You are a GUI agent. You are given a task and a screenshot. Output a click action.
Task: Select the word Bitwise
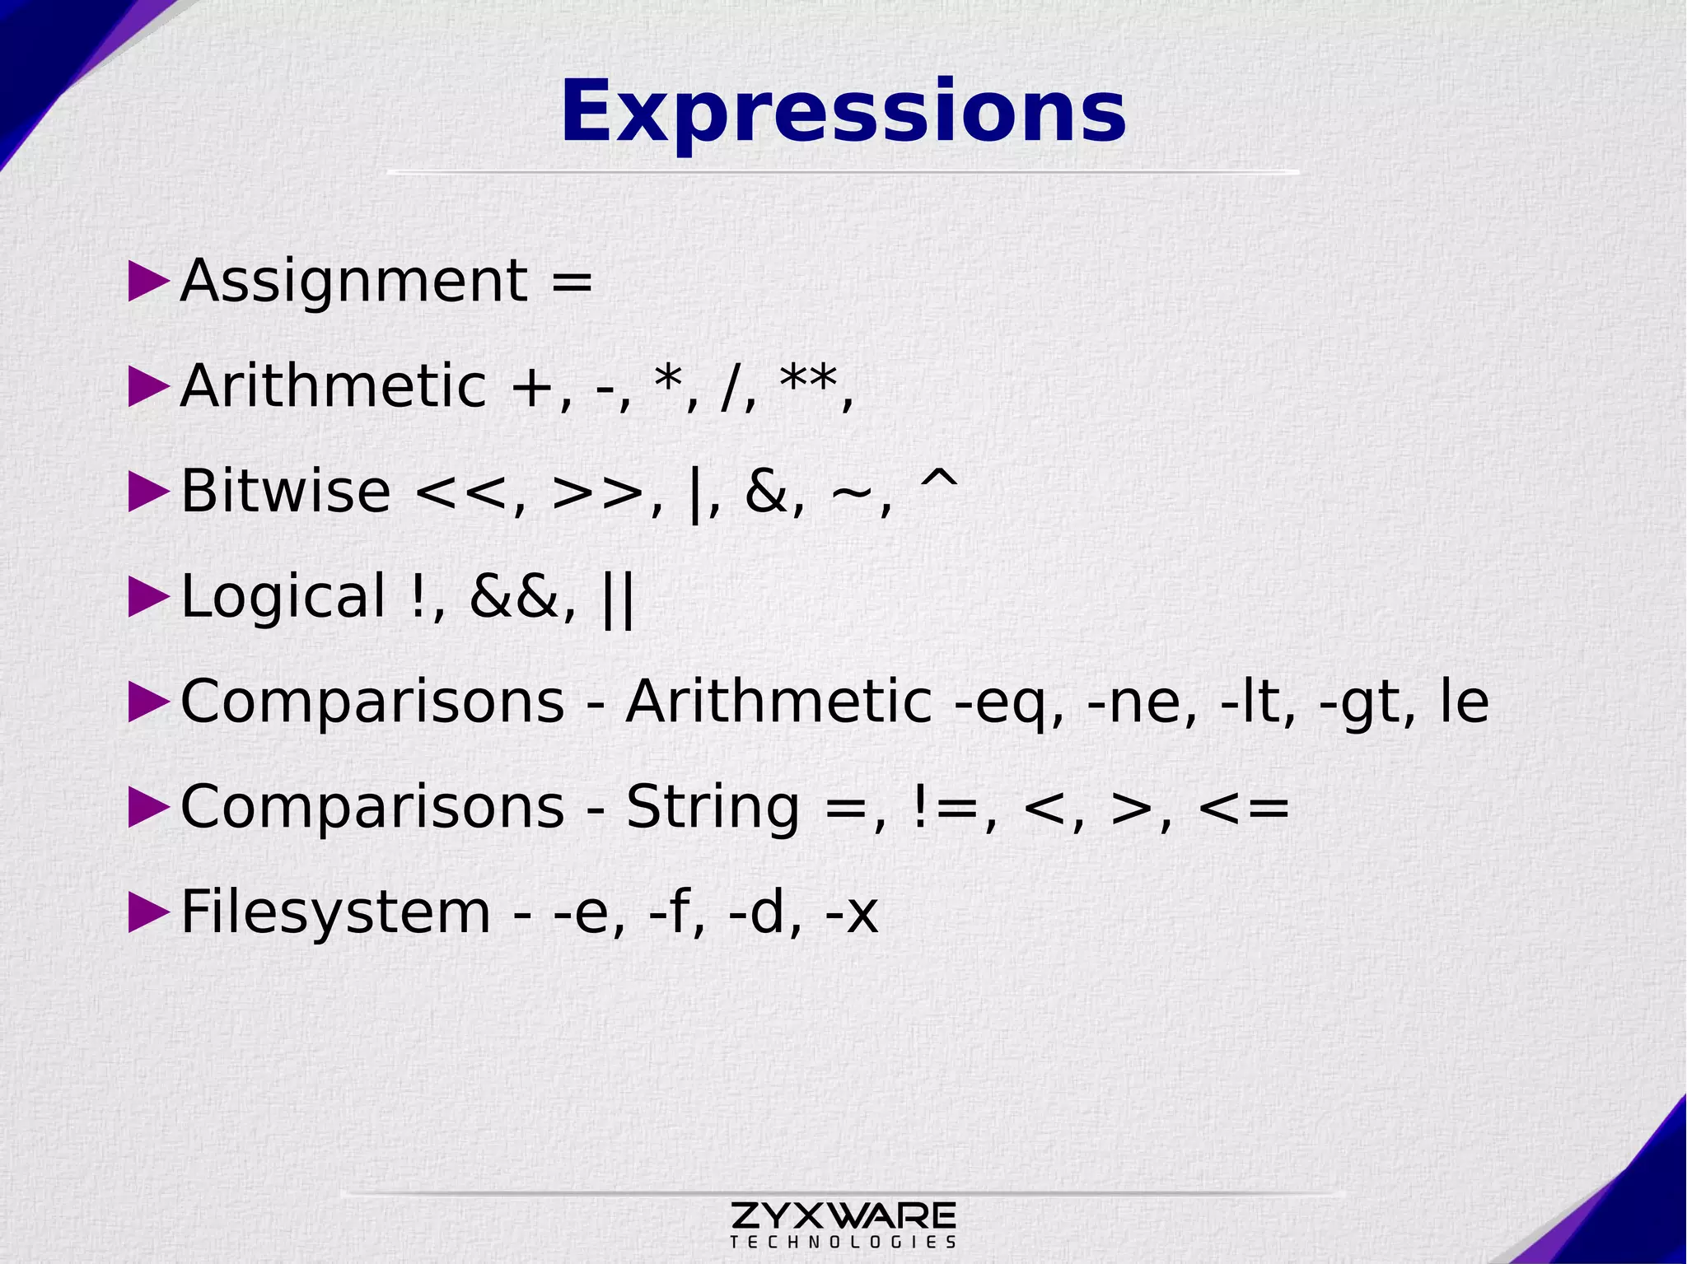coord(285,491)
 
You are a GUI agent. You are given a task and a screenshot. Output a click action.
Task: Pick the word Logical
coord(283,596)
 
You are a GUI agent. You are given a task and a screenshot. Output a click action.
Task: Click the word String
coord(712,808)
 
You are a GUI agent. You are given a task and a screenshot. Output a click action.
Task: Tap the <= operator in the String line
coord(1244,808)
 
